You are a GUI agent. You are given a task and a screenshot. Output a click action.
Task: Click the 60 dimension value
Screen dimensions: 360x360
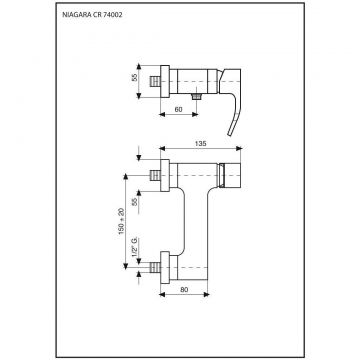coord(179,109)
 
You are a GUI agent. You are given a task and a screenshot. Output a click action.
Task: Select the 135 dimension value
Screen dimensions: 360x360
coord(200,144)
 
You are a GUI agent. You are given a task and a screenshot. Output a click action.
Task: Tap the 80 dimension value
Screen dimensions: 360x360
coord(184,290)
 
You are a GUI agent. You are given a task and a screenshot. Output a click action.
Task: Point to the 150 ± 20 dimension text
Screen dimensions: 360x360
coord(121,221)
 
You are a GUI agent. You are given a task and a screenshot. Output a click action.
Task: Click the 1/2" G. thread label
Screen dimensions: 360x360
coord(135,247)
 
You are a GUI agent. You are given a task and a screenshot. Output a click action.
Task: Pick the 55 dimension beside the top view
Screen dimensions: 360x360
coord(134,77)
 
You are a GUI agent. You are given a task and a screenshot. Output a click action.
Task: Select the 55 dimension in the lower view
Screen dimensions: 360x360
coord(135,201)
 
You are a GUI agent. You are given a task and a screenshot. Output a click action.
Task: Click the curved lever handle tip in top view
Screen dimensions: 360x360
coord(230,133)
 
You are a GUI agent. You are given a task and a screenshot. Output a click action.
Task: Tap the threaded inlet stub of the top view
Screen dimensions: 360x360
coord(155,81)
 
